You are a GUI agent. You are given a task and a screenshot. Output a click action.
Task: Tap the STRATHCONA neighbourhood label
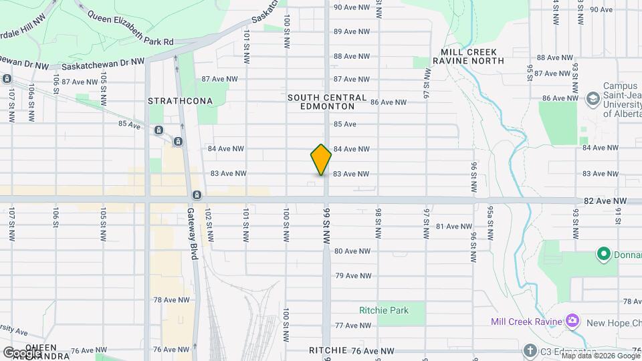pos(180,101)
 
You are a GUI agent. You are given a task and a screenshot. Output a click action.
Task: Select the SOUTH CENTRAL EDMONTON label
pos(327,102)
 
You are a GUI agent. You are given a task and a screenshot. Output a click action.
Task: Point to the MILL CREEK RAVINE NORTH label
pos(473,56)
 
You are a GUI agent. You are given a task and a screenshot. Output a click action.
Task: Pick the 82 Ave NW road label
pos(605,201)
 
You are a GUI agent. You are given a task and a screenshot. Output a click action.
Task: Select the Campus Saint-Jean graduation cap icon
pos(592,99)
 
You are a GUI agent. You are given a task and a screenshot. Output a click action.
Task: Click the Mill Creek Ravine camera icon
pos(572,322)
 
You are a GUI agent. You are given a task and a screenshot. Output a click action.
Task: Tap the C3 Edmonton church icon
pos(530,351)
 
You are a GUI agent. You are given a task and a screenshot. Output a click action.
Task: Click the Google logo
pos(23,352)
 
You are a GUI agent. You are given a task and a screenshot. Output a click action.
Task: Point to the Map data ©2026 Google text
pos(601,356)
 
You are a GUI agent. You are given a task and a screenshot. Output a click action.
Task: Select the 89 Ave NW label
pos(352,31)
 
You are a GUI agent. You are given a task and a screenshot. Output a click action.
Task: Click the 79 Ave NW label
pos(353,275)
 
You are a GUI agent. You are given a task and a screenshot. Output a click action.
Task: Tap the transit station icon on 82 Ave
pos(197,195)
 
